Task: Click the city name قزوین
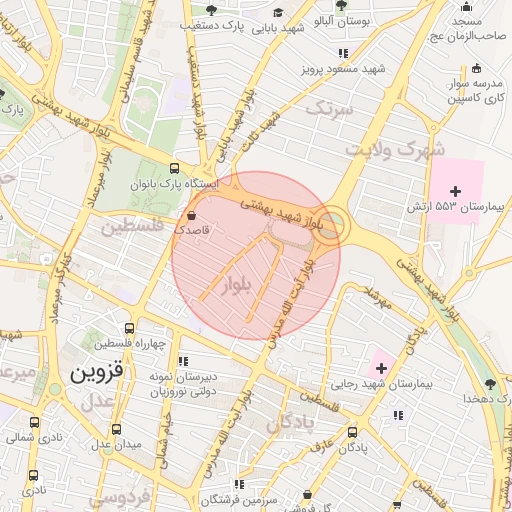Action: (x=97, y=374)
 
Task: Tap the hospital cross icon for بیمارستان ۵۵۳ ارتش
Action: (x=456, y=190)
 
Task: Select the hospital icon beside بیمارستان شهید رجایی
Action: (x=380, y=369)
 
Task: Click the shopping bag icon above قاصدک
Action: (x=190, y=215)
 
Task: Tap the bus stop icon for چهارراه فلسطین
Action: (x=130, y=327)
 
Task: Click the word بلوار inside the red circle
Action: (x=243, y=278)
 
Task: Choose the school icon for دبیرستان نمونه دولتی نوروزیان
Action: (x=181, y=361)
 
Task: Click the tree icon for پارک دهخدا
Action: (x=488, y=384)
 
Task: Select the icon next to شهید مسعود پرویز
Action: (x=343, y=52)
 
